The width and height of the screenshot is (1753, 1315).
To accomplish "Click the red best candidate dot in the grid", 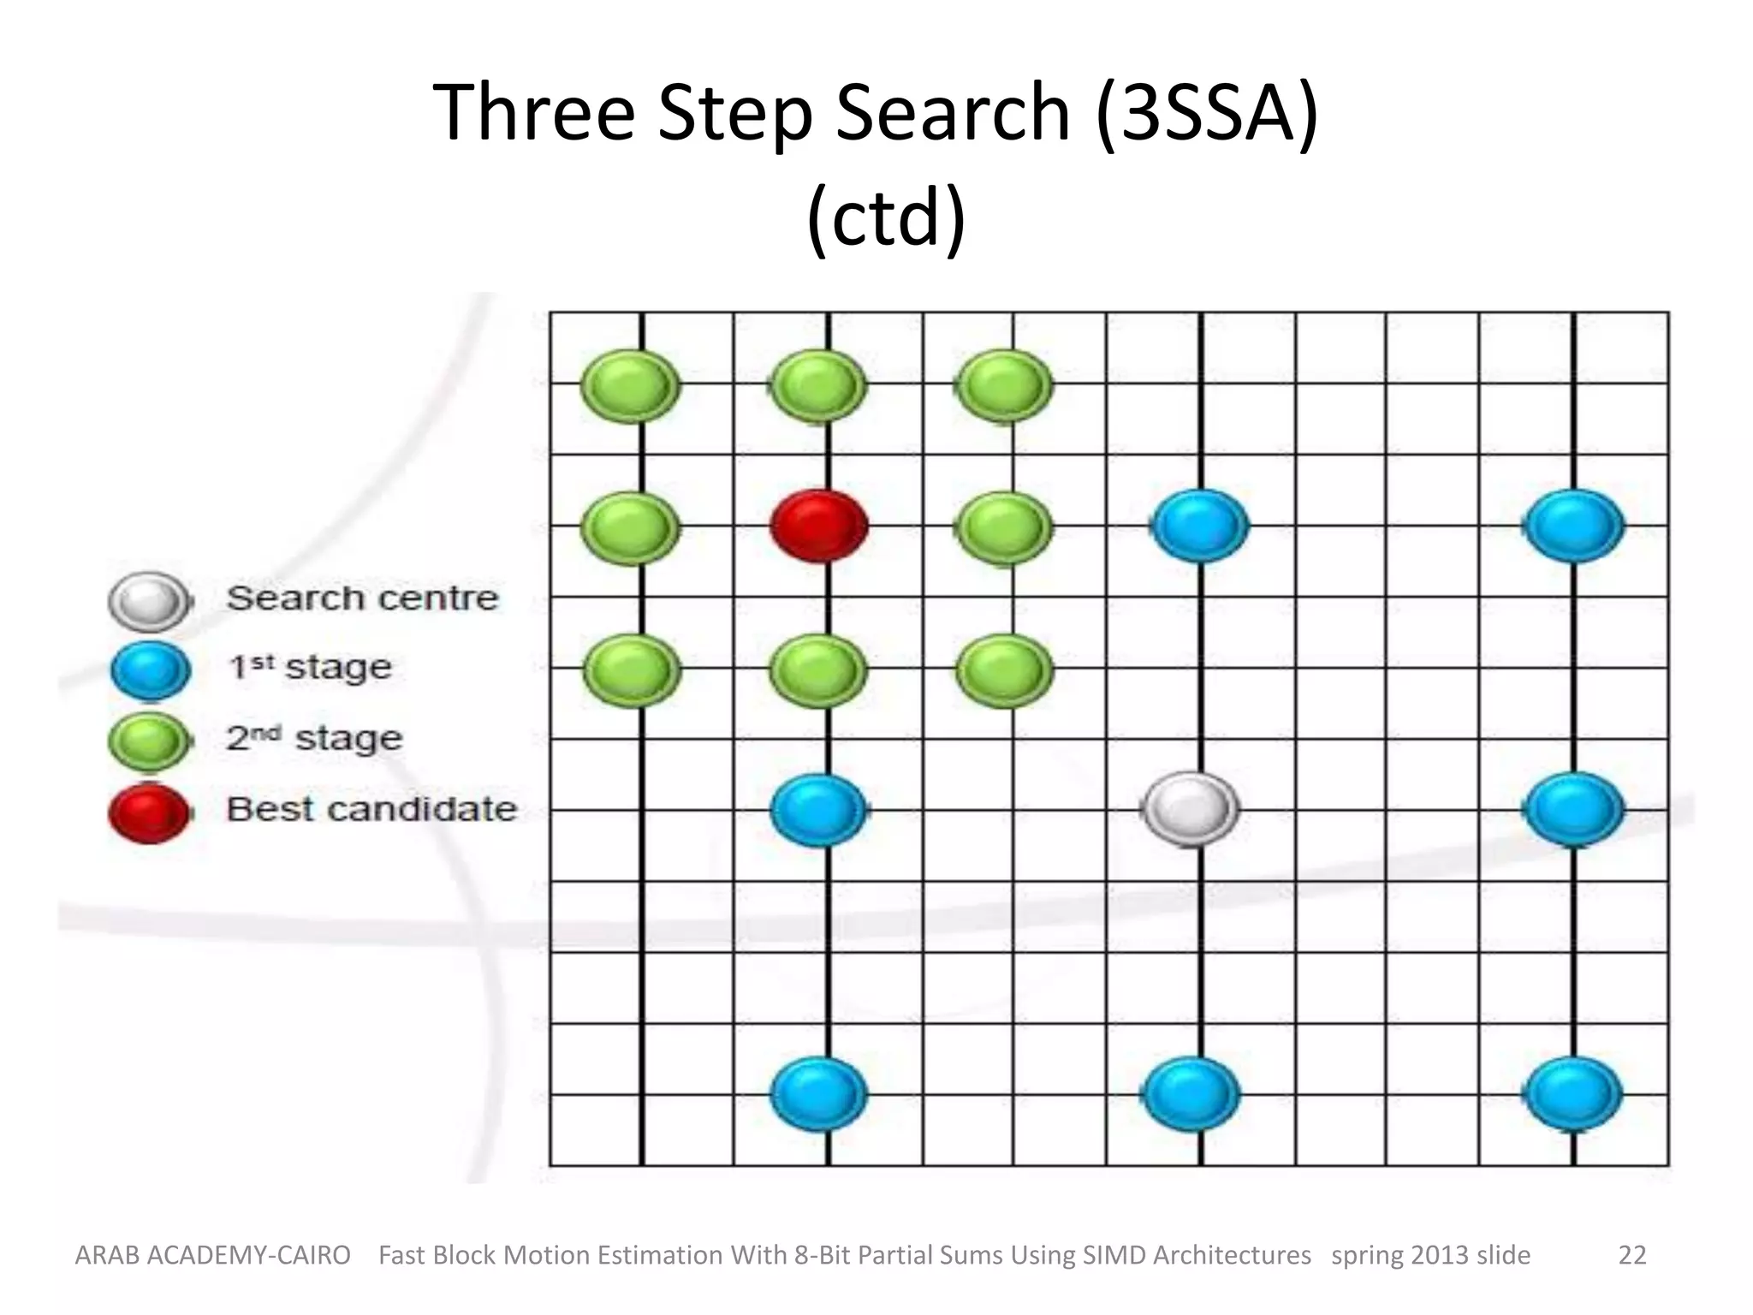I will (x=819, y=526).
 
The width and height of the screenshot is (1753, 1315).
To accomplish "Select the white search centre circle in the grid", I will (x=1190, y=809).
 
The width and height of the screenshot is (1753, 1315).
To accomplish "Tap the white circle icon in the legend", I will (x=150, y=600).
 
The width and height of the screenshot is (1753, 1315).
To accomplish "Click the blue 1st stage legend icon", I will (x=150, y=670).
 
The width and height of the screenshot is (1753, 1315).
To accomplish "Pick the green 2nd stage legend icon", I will (x=150, y=741).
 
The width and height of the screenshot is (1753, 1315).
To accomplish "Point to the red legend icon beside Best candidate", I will (x=150, y=812).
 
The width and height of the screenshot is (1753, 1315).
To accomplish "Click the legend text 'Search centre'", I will (x=362, y=598).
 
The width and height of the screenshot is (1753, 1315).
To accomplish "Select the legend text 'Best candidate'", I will (x=371, y=809).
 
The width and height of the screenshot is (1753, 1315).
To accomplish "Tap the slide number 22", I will (x=1631, y=1255).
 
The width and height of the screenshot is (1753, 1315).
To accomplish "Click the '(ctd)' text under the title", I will (x=886, y=218).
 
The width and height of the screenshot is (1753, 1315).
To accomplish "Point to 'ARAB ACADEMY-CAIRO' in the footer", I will (x=213, y=1255).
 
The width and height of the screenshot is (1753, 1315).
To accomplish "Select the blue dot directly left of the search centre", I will (x=819, y=810).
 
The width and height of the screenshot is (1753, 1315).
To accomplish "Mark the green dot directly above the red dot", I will (x=818, y=385).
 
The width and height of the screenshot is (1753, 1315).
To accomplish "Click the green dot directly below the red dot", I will (x=818, y=669).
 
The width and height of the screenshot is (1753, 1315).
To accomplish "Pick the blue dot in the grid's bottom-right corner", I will (x=1573, y=1094).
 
